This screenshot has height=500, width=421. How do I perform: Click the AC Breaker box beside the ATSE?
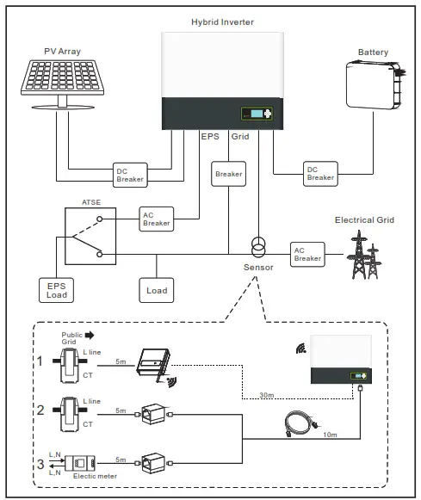[157, 219]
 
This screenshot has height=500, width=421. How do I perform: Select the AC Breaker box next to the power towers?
[308, 254]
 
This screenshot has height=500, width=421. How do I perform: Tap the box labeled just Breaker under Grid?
[229, 173]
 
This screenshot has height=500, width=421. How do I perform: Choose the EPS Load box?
[56, 290]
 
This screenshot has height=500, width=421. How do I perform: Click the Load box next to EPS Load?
[157, 290]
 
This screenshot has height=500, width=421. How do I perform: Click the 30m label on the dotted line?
[269, 396]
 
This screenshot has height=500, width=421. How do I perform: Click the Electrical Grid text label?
[364, 220]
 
